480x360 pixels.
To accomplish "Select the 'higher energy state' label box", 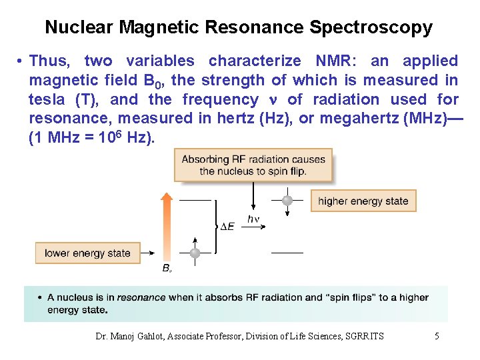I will (x=363, y=201).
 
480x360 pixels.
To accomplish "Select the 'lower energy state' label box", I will (x=87, y=253).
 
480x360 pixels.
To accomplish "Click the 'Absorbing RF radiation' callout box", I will (x=253, y=165).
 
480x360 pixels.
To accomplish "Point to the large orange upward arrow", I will (x=167, y=227).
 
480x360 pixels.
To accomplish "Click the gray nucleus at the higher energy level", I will (x=287, y=200).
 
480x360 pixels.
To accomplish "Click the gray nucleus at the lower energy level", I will (x=195, y=253).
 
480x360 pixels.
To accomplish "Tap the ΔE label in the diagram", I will (x=227, y=227).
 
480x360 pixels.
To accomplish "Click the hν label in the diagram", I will (x=253, y=219).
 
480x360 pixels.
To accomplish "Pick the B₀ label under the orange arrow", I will (x=167, y=268).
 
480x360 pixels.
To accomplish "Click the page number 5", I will (x=437, y=336).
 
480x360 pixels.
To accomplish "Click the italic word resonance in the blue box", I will (x=141, y=297).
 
